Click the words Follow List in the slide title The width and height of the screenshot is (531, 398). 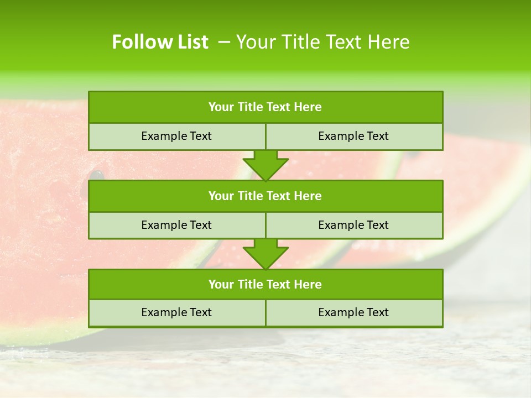[160, 42]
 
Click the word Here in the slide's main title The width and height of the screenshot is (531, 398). [389, 42]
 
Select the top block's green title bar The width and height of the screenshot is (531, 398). [265, 107]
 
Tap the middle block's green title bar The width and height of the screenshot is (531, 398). [265, 196]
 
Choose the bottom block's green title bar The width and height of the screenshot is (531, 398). [265, 284]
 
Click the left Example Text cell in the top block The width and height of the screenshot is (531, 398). [176, 136]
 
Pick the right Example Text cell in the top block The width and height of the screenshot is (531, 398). [353, 136]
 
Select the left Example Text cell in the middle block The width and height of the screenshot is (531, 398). [176, 225]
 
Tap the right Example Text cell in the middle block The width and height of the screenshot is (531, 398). [353, 225]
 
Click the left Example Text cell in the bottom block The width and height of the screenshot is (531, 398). [176, 312]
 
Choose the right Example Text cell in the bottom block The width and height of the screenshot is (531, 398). [353, 312]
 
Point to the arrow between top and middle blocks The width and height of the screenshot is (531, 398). [265, 165]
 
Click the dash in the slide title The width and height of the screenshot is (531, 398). [224, 42]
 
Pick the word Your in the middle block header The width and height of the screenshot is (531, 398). [221, 196]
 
